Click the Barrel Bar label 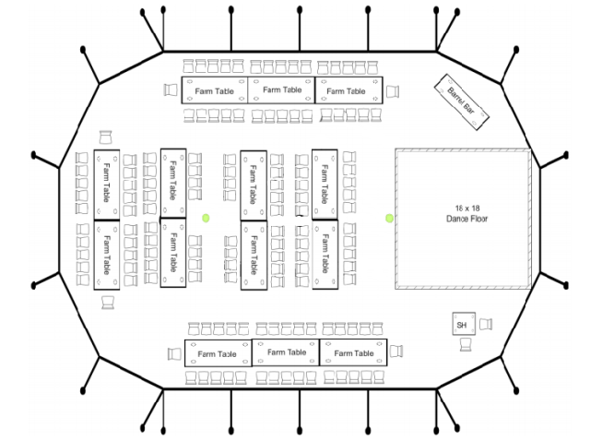[461, 101]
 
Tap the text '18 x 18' [467, 209]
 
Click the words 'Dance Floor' [467, 219]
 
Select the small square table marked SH [464, 324]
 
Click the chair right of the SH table [486, 324]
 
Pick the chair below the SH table [466, 345]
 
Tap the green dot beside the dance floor [389, 218]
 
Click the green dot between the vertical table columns [206, 218]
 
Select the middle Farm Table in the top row [281, 90]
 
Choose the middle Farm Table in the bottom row [286, 352]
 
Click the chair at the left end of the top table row [171, 90]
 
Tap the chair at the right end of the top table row [393, 91]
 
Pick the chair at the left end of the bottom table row [174, 354]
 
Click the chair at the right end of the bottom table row [396, 352]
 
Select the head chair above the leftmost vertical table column [105, 137]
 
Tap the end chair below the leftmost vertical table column [108, 303]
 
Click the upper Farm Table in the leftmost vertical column [107, 185]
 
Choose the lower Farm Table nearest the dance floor [325, 255]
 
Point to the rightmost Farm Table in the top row [348, 90]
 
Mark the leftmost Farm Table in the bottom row [218, 353]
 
